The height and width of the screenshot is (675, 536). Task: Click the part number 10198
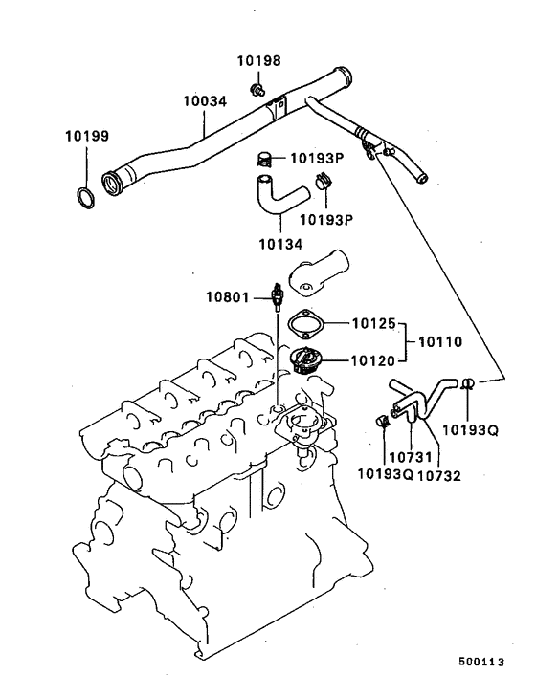tap(258, 61)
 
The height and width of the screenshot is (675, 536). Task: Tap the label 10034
tap(205, 99)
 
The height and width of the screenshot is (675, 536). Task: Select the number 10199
tap(85, 135)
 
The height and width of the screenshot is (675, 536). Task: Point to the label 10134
tap(279, 243)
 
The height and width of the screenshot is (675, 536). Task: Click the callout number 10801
tap(228, 296)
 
